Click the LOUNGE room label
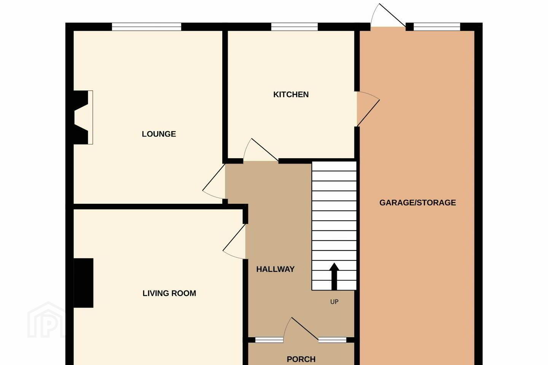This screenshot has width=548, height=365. pyautogui.click(x=159, y=134)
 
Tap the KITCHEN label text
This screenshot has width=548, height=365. pyautogui.click(x=291, y=95)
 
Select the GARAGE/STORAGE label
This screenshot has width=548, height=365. pyautogui.click(x=417, y=203)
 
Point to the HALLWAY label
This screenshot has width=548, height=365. pyautogui.click(x=275, y=270)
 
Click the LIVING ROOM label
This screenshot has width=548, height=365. pyautogui.click(x=169, y=294)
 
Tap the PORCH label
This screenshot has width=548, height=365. pyautogui.click(x=301, y=359)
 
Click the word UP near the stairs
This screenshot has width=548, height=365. pyautogui.click(x=335, y=302)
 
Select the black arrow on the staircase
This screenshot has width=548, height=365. pyautogui.click(x=334, y=276)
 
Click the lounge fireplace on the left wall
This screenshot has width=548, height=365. pyautogui.click(x=83, y=117)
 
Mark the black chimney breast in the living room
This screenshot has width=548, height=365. pyautogui.click(x=83, y=283)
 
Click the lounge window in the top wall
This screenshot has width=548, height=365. pyautogui.click(x=147, y=27)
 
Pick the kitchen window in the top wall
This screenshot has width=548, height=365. pyautogui.click(x=295, y=27)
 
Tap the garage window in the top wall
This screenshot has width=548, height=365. pyautogui.click(x=437, y=27)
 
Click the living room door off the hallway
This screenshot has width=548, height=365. pyautogui.click(x=234, y=241)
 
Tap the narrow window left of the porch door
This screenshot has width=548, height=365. pyautogui.click(x=269, y=340)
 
